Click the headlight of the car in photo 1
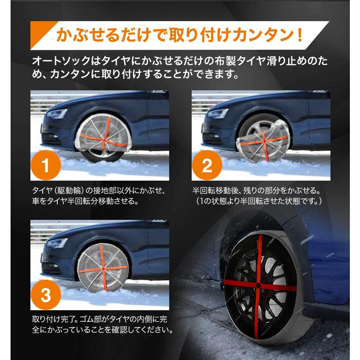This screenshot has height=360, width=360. [x=56, y=114]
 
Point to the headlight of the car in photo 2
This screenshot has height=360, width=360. [x=218, y=114]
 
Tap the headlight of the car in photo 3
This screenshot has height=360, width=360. [x=56, y=243]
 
